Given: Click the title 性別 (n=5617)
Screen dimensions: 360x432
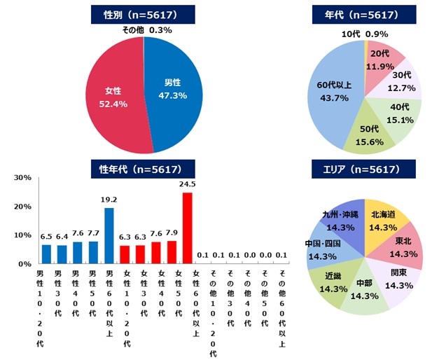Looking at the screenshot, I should tap(143, 14).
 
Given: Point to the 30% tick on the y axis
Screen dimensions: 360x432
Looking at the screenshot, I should tap(21, 178).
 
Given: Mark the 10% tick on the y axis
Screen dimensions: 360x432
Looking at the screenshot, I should tap(21, 235).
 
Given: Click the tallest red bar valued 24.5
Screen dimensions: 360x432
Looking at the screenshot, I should tap(186, 228).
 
